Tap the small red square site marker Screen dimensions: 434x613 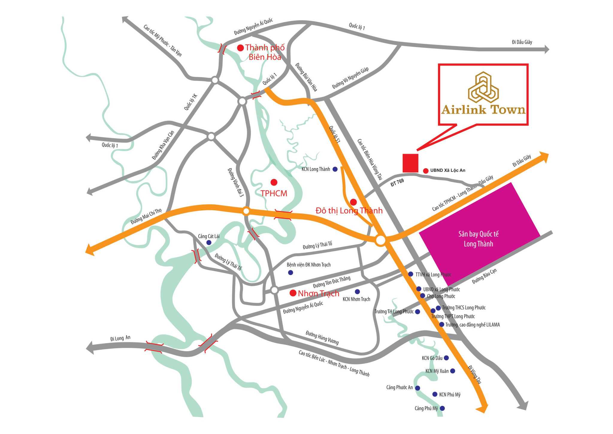point(410,163)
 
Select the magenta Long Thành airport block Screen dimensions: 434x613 point(479,234)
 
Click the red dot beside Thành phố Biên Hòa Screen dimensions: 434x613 point(240,48)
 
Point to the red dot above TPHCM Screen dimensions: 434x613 point(274,182)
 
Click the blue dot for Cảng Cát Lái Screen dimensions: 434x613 point(209,242)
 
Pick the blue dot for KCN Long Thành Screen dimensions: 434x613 point(335,169)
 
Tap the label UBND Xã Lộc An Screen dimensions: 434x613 point(448,170)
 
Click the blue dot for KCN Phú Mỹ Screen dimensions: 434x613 point(435,394)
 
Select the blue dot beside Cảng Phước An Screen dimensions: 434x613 point(417,388)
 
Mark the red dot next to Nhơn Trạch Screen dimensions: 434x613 point(293,293)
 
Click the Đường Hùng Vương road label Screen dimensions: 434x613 point(322,337)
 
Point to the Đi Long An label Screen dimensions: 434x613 point(120,338)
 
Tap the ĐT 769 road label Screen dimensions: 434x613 point(397,183)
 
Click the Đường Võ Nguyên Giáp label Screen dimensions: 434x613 point(350,78)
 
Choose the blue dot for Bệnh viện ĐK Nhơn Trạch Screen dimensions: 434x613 point(290,272)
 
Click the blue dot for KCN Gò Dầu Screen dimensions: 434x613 point(446,358)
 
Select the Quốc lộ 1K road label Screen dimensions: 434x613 point(191,102)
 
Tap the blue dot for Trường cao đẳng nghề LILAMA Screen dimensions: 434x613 point(441,324)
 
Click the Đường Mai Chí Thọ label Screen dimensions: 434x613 point(146,216)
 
